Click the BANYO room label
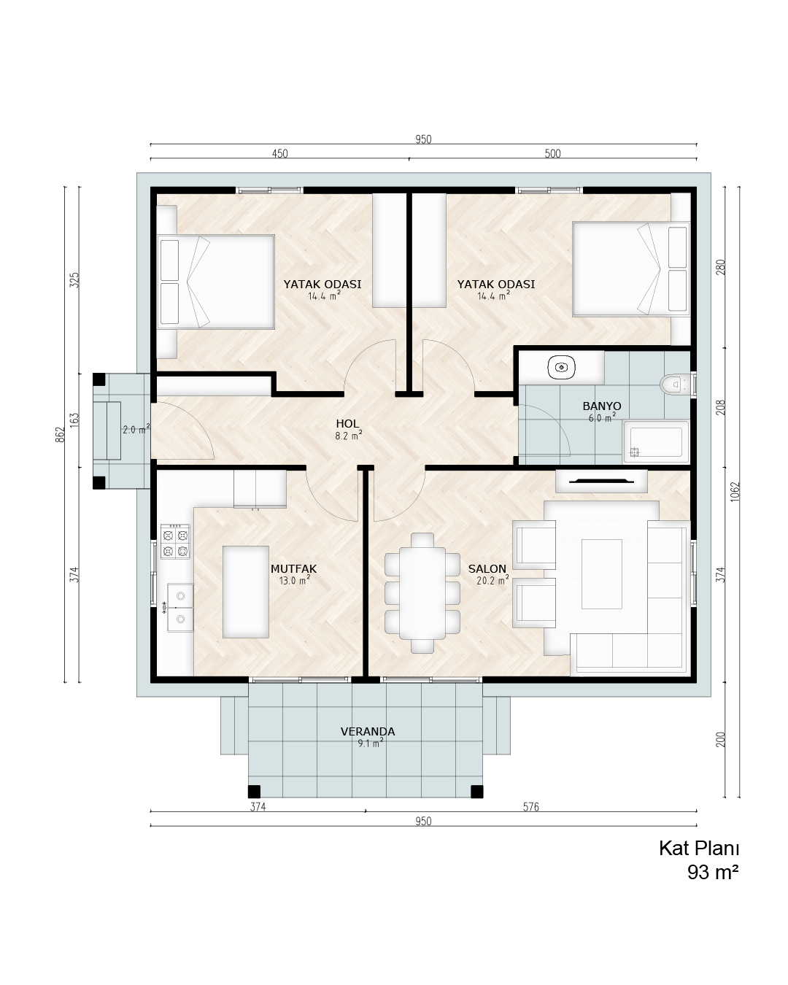coord(601,406)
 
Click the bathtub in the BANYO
coord(656,441)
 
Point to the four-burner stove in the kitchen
coord(175,541)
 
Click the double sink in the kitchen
coord(180,607)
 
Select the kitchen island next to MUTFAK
coord(245,592)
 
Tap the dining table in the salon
coord(422,592)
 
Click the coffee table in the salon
coord(601,574)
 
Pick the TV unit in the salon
coord(601,481)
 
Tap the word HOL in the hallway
coord(347,423)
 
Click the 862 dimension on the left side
coord(61,434)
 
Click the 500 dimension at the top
coord(552,153)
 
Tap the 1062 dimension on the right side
coord(735,492)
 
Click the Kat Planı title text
coord(699,848)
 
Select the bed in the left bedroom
coord(216,282)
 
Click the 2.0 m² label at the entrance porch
coord(136,430)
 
